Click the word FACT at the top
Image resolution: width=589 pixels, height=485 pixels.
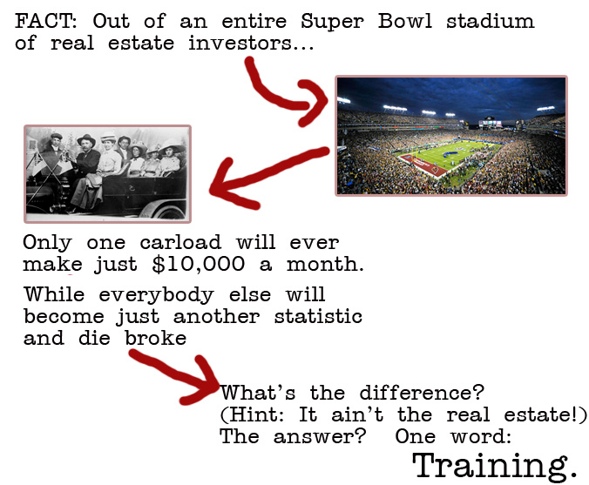(45, 21)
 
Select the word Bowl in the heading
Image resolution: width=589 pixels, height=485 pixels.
(405, 21)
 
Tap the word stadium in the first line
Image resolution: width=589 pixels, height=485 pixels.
(490, 21)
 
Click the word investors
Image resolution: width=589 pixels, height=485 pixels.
(250, 43)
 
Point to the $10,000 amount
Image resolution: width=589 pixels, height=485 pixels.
(199, 265)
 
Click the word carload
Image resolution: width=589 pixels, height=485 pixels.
(180, 242)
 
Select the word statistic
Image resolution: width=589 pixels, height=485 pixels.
(318, 316)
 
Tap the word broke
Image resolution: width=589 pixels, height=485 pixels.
(155, 338)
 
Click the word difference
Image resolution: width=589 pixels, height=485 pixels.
(422, 393)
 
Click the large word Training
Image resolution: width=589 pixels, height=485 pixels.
(494, 466)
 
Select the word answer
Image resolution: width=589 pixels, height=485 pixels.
(319, 436)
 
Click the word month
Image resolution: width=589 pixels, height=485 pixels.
(325, 265)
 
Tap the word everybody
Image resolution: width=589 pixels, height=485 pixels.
(156, 294)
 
